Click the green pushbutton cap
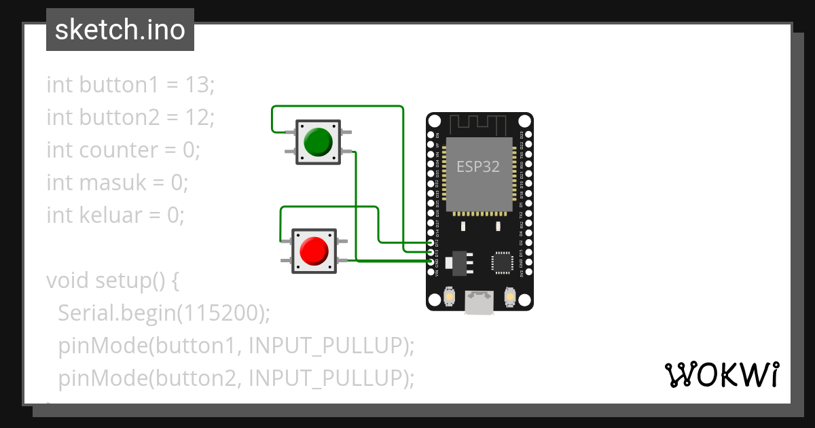[x=317, y=142]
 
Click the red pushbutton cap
[x=313, y=251]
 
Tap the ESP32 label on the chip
[x=478, y=166]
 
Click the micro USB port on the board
[x=479, y=302]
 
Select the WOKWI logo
[x=721, y=374]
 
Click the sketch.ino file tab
[x=120, y=30]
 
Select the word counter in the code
[x=120, y=150]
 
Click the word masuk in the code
[x=112, y=183]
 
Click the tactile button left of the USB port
[x=448, y=297]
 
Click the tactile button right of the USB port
[x=511, y=297]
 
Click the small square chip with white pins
[x=503, y=262]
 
